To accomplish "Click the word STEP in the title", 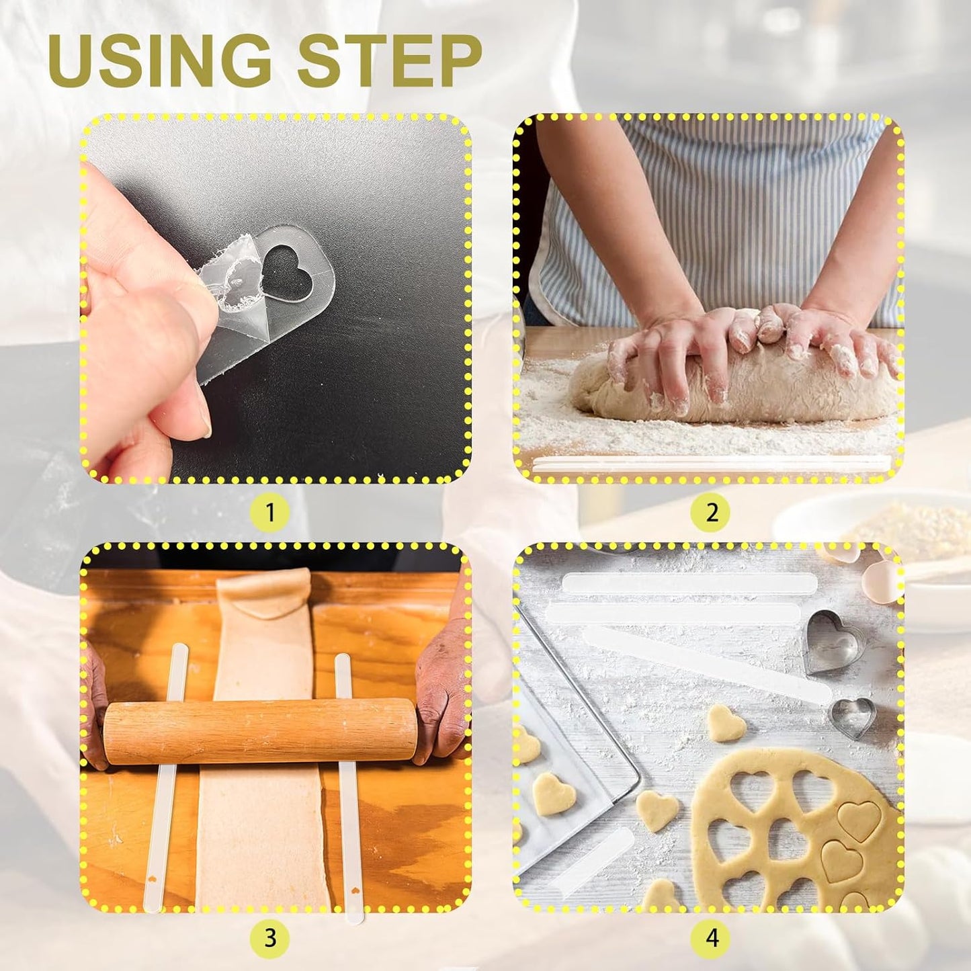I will [x=390, y=60].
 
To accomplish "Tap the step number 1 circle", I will [x=269, y=513].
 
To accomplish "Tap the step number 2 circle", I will [x=712, y=513].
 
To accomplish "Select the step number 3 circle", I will [x=269, y=937].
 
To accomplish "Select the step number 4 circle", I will [x=712, y=937].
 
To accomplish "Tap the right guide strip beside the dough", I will [x=349, y=806].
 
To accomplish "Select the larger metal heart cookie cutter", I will [x=834, y=641].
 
